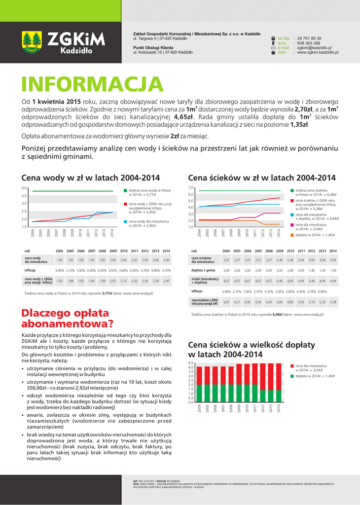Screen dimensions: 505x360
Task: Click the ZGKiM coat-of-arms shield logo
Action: point(33,42)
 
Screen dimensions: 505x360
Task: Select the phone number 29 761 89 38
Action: point(309,38)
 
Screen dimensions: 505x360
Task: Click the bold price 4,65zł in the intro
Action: point(183,117)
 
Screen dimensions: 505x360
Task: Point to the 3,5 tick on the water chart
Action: point(24,196)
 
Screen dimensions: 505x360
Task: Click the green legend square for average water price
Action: point(125,190)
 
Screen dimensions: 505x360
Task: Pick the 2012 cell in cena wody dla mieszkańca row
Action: point(144,260)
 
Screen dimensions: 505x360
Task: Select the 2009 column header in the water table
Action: point(113,251)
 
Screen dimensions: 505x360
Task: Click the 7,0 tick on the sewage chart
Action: point(191,188)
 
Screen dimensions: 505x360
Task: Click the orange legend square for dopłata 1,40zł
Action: point(292,235)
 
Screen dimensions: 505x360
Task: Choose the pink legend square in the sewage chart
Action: point(292,225)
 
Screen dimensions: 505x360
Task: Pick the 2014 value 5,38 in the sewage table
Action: point(333,302)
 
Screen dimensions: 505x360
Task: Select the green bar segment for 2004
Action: point(199,393)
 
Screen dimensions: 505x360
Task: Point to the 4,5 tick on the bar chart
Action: point(191,363)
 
